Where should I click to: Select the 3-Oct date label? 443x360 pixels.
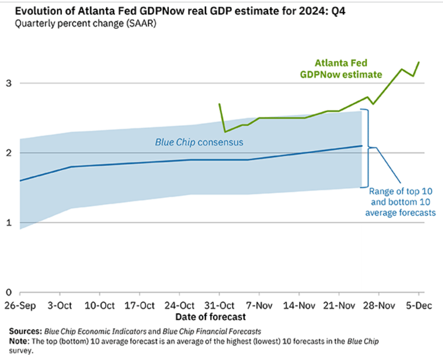click(60, 305)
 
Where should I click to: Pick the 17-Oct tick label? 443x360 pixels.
click(140, 305)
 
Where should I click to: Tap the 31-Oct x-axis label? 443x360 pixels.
click(219, 305)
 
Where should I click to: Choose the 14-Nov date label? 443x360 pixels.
click(299, 305)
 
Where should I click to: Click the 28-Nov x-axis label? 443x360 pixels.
click(378, 305)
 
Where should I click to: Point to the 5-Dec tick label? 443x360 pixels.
click(417, 305)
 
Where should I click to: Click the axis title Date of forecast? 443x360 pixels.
click(210, 316)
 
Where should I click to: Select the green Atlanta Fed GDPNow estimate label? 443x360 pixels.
click(341, 69)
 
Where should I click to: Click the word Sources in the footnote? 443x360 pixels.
click(25, 331)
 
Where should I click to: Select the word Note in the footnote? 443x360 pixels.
click(19, 341)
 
